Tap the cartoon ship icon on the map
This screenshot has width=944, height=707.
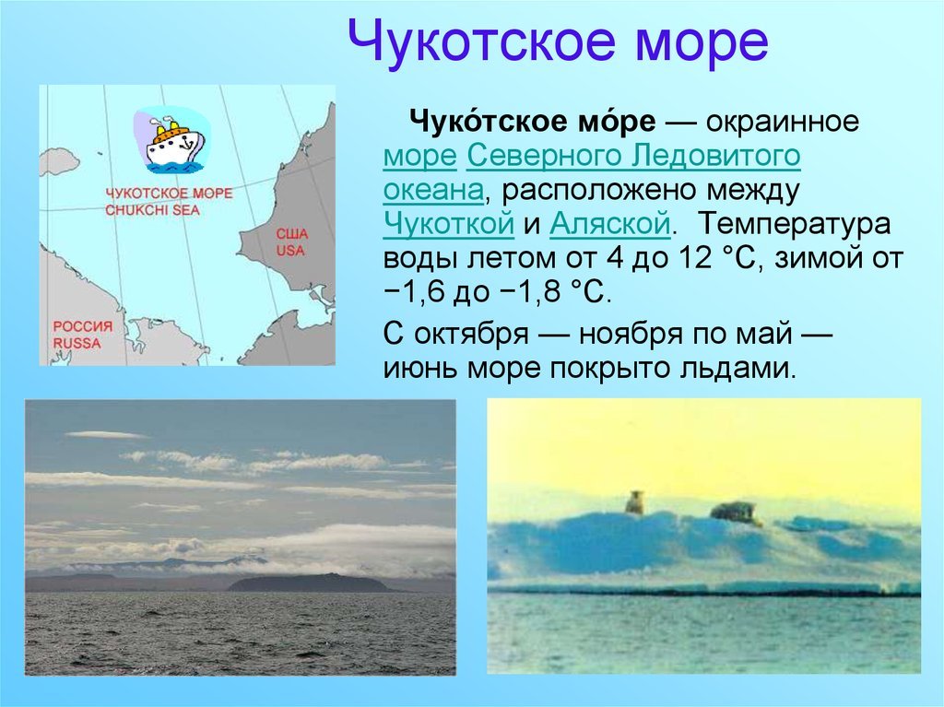(172, 140)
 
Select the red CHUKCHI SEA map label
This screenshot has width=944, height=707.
(152, 210)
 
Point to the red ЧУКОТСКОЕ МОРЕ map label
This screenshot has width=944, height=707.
(169, 194)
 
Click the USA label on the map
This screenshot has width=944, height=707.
(290, 250)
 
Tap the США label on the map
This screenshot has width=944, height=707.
(291, 233)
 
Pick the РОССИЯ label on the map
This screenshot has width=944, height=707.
(83, 326)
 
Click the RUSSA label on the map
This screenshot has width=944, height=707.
(77, 343)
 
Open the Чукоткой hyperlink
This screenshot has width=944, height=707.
(449, 224)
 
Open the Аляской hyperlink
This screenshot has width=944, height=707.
(610, 224)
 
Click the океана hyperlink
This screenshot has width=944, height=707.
(433, 190)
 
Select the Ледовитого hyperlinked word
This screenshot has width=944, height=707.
(715, 156)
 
